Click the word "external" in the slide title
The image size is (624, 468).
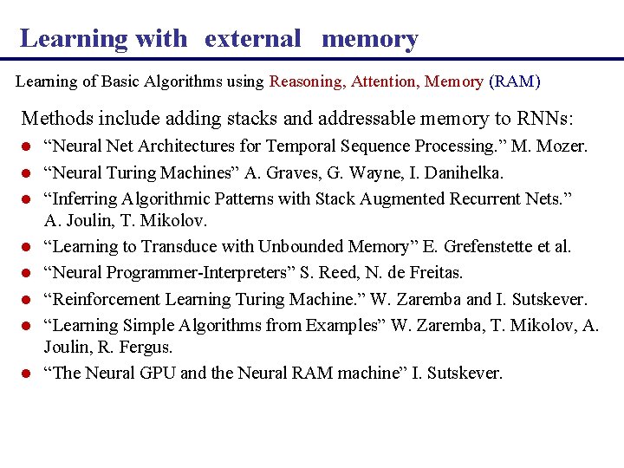coord(252,38)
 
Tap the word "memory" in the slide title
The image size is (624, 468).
coord(369,38)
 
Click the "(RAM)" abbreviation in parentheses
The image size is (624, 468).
coord(515,81)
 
